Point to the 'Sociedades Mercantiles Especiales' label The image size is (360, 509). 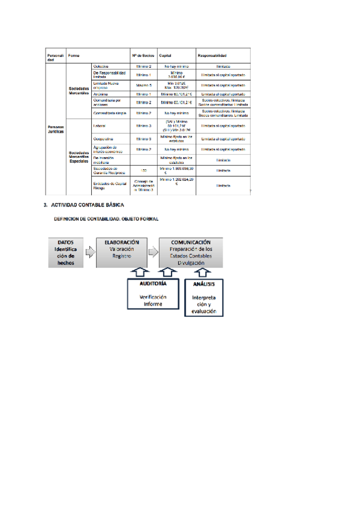[x=79, y=158]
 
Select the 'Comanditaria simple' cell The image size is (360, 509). [x=108, y=113]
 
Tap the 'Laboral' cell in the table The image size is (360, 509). [x=100, y=126]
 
